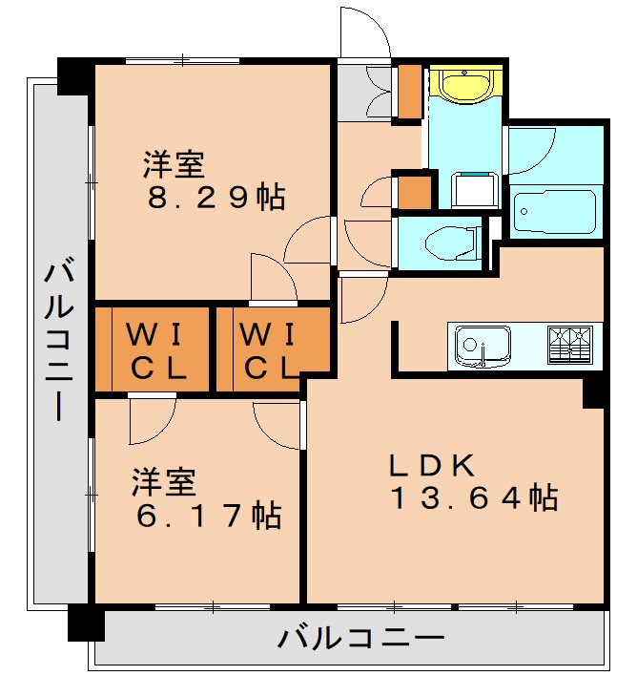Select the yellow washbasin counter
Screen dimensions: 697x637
464,83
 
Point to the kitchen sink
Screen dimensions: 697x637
482,345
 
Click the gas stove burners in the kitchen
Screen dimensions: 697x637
569,343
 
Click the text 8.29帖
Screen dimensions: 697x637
216,198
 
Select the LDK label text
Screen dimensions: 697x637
431,465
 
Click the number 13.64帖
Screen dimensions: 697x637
473,497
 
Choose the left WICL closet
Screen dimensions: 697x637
152,349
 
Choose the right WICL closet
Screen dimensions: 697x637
268,349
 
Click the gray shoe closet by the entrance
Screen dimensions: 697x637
364,93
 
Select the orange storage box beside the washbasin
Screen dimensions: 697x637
410,93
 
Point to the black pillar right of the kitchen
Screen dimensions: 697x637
594,390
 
